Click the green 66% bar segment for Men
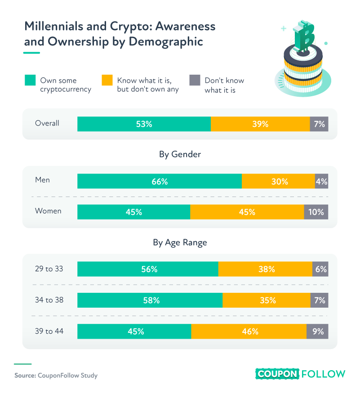coord(160,181)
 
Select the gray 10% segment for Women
coord(316,212)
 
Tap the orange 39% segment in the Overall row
coord(260,124)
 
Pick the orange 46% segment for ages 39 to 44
coord(249,331)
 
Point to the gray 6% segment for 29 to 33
coord(320,269)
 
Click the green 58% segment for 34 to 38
coord(150,300)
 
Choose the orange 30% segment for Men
coord(278,181)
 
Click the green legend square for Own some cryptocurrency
coord(30,81)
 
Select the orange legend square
coord(107,81)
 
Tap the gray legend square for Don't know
coord(194,81)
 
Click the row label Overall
coord(47,123)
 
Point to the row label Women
coord(48,211)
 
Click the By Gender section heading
coord(180,154)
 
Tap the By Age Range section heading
coord(180,242)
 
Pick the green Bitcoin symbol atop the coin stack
coord(304,36)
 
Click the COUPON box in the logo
coord(277,374)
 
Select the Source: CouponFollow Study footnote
coord(56,375)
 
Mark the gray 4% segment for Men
coord(321,181)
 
